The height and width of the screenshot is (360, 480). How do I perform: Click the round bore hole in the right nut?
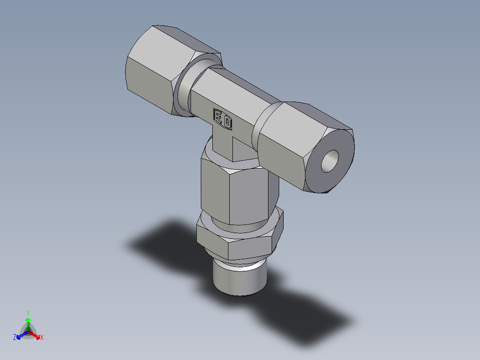[330, 161]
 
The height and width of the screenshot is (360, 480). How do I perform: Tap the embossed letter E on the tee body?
[219, 117]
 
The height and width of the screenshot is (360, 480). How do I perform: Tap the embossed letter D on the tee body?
[227, 123]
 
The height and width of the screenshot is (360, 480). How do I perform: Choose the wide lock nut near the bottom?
[236, 241]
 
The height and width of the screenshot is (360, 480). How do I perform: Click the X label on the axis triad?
[42, 338]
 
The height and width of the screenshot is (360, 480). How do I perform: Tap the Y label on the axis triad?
[28, 313]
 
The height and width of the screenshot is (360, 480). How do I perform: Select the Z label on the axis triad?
[15, 338]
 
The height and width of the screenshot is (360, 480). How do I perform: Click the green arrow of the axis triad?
[28, 323]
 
